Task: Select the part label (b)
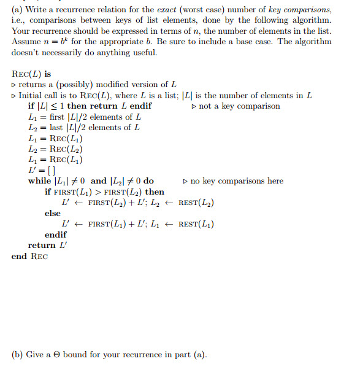(x=18, y=354)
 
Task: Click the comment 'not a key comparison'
(x=236, y=106)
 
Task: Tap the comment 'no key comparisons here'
(x=233, y=181)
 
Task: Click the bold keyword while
(x=40, y=181)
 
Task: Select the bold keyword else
(x=53, y=214)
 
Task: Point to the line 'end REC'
(x=29, y=257)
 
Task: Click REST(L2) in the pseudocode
(x=196, y=203)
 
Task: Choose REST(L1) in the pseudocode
(x=196, y=224)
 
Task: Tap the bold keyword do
(x=148, y=181)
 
